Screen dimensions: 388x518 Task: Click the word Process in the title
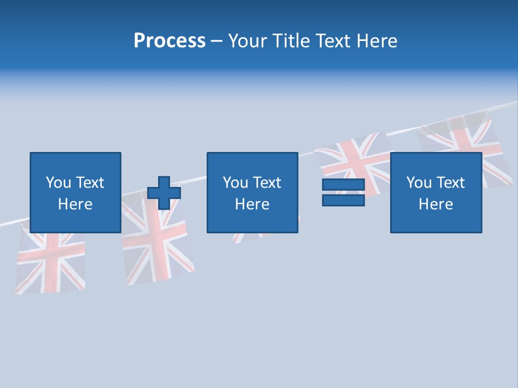[x=169, y=40]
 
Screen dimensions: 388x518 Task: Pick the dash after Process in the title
[x=216, y=41]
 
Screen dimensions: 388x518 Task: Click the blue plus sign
[x=164, y=193]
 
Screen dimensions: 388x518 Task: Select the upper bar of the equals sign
[x=343, y=185]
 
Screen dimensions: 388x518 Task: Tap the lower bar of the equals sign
[x=343, y=200]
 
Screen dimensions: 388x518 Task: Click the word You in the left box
[x=58, y=183]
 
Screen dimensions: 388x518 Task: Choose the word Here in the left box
[x=75, y=204]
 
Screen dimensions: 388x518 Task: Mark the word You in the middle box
[x=235, y=183]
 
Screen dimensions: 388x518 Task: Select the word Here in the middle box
[x=252, y=204]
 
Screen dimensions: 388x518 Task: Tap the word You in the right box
[x=418, y=183]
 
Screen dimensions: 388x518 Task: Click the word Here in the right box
[x=435, y=204]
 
